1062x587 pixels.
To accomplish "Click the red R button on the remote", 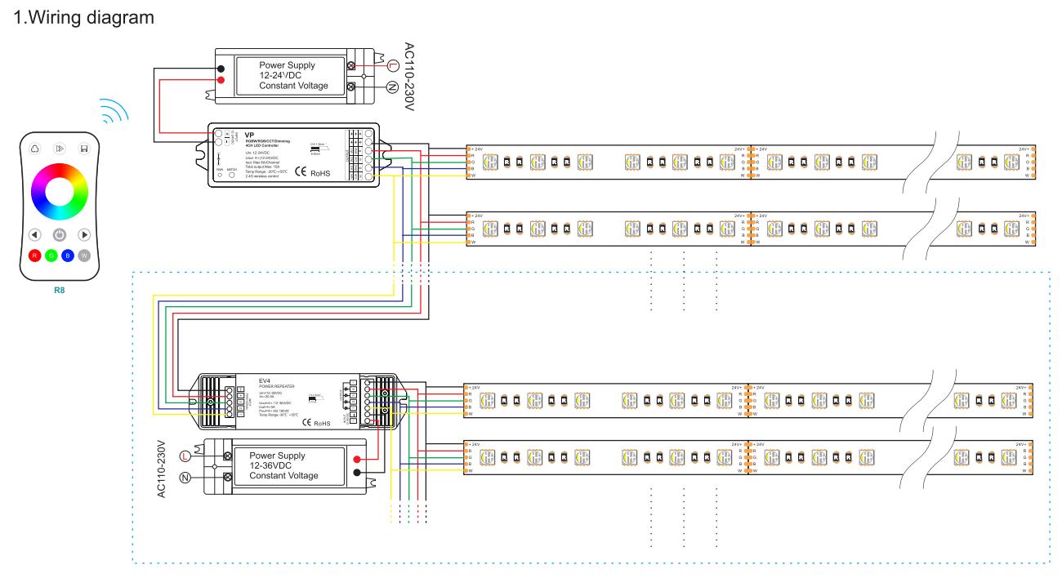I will click(x=35, y=256).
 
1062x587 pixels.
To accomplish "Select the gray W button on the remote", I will click(x=84, y=256).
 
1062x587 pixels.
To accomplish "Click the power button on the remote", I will click(x=60, y=234).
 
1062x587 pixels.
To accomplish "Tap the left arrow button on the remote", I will click(x=35, y=234).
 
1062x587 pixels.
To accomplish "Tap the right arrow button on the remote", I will click(x=83, y=234).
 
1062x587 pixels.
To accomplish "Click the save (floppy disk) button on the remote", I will click(x=83, y=149).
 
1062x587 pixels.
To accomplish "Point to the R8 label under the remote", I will click(x=59, y=288).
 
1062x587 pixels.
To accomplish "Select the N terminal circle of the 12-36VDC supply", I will click(x=184, y=477).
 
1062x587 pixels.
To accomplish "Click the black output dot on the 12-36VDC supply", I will click(x=356, y=473).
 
